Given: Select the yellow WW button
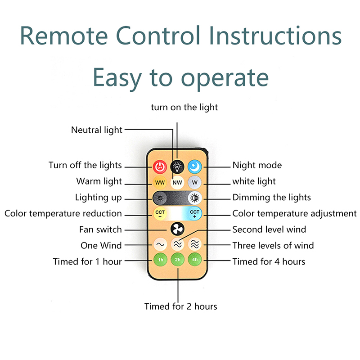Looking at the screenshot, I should click(160, 183).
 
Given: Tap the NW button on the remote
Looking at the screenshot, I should click(177, 183).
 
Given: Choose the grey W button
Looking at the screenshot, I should click(194, 183).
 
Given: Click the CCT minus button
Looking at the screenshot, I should click(160, 213).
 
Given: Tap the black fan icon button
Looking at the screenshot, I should click(177, 229).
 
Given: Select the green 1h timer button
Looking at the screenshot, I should click(160, 260).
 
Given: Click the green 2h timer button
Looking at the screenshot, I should click(177, 260).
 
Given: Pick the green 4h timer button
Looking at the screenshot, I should click(194, 260).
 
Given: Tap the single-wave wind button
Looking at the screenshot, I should click(160, 245).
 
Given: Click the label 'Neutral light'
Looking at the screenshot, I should click(97, 130).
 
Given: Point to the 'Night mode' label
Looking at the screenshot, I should click(257, 165).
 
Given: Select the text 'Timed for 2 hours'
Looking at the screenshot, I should click(180, 306).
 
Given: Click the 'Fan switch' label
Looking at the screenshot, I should click(100, 229).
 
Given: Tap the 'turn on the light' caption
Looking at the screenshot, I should click(184, 107).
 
